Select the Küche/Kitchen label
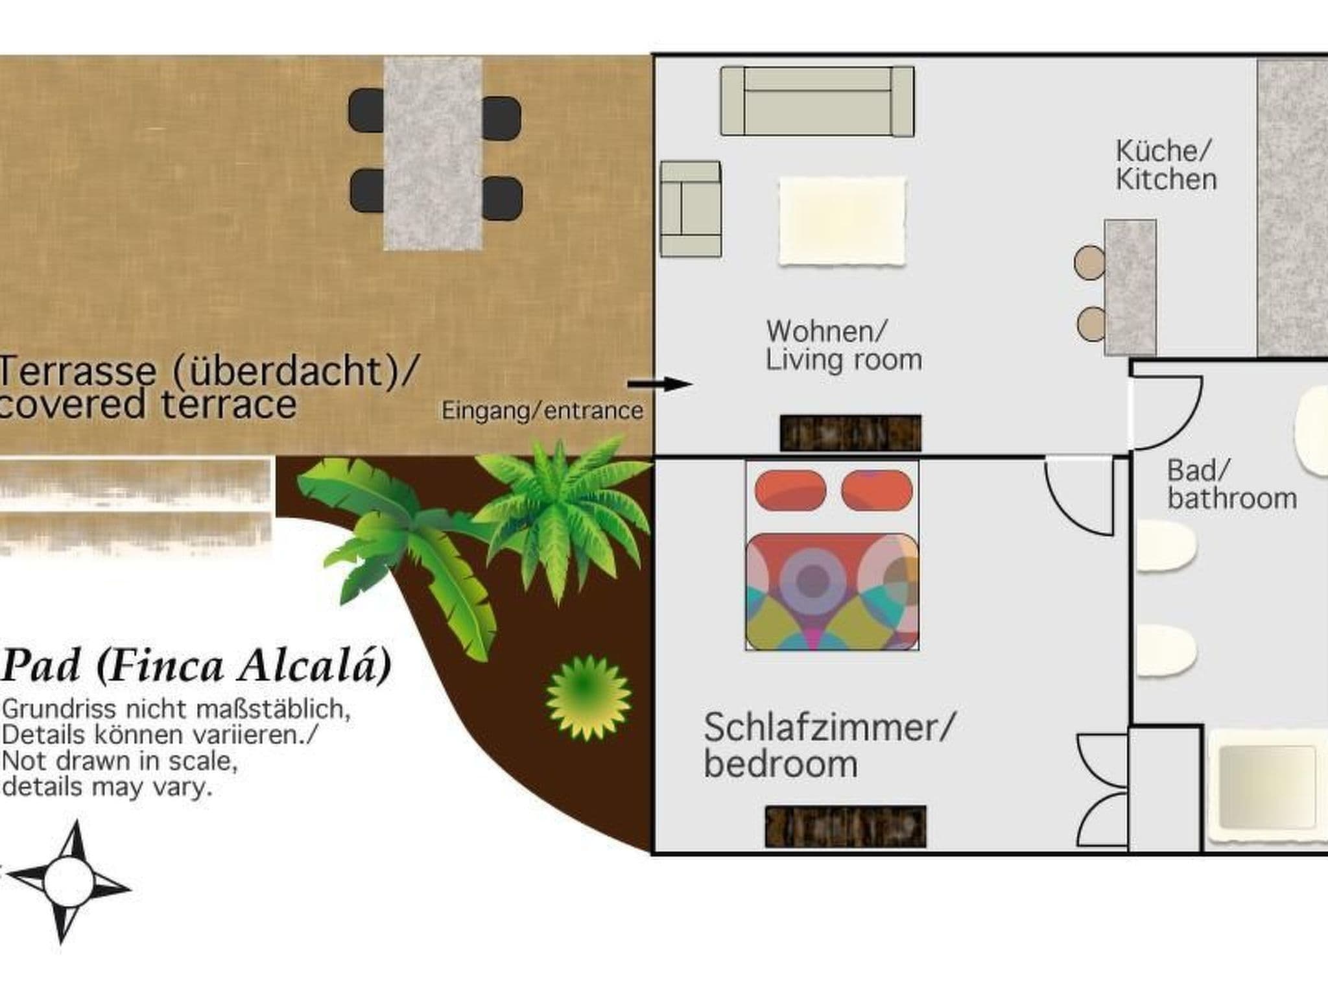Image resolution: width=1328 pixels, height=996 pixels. [1165, 165]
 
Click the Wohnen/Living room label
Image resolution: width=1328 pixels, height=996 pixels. [843, 346]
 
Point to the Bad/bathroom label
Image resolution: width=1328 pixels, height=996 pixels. [1230, 485]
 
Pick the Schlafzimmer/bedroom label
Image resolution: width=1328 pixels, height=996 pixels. [828, 745]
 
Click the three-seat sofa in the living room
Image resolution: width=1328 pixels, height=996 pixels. [817, 101]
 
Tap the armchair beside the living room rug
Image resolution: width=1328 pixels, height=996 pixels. [691, 209]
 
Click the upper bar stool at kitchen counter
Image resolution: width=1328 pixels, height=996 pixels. [1089, 262]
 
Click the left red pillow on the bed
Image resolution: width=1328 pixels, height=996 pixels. [790, 490]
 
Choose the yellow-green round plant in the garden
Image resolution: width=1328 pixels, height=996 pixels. [587, 698]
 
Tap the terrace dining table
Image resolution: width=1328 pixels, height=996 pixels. [433, 154]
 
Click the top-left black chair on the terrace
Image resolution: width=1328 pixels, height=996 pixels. [367, 110]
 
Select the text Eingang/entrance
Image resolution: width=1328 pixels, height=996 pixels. [542, 410]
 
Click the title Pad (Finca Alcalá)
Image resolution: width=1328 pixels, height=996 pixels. [197, 665]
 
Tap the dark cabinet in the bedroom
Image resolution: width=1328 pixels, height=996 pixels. [845, 826]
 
